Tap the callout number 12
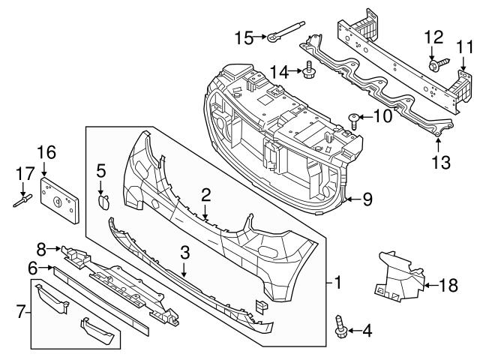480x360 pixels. pyautogui.click(x=435, y=37)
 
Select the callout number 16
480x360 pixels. pyautogui.click(x=46, y=152)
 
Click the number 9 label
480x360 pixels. pyautogui.click(x=367, y=199)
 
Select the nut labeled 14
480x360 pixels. pyautogui.click(x=309, y=71)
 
